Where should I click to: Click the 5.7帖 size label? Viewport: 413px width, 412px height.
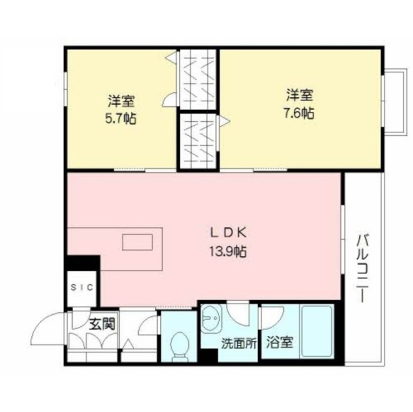coord(121,119)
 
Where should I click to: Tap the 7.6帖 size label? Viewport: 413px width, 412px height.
coord(300,114)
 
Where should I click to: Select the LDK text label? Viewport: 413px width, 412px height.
coord(228,233)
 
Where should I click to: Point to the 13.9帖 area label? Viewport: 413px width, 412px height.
coord(228,252)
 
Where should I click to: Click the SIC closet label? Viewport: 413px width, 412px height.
coord(82,287)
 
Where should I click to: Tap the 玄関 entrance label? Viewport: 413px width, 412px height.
coord(102,324)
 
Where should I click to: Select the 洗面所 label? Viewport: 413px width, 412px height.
coord(239,343)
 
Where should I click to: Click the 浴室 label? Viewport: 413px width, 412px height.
coord(280,342)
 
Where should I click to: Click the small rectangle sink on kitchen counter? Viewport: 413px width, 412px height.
coord(138,242)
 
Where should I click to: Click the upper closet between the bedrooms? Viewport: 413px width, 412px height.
coord(198,80)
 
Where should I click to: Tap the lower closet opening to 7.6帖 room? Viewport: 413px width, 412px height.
coord(198,141)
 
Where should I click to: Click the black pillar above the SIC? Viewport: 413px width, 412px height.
coord(83,263)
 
